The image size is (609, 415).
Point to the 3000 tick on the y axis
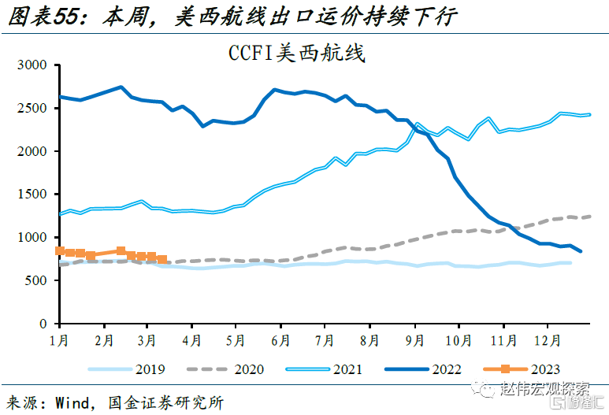tap(32, 65)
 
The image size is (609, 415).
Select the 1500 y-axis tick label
tap(32, 195)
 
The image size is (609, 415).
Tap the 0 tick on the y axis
tap(45, 324)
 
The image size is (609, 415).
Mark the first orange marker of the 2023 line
tap(59, 250)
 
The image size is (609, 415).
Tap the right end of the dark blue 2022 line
tap(581, 251)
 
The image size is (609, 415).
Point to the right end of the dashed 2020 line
tap(591, 216)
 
